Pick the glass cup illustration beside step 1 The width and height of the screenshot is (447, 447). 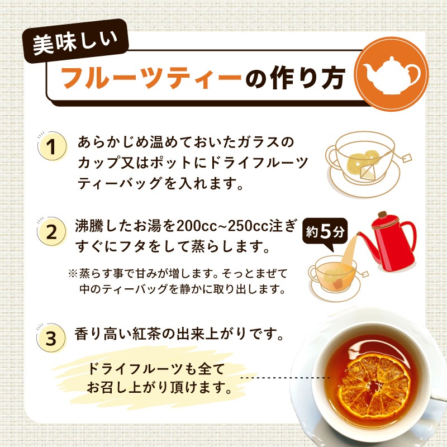tap(358, 163)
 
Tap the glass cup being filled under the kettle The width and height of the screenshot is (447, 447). tap(334, 274)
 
